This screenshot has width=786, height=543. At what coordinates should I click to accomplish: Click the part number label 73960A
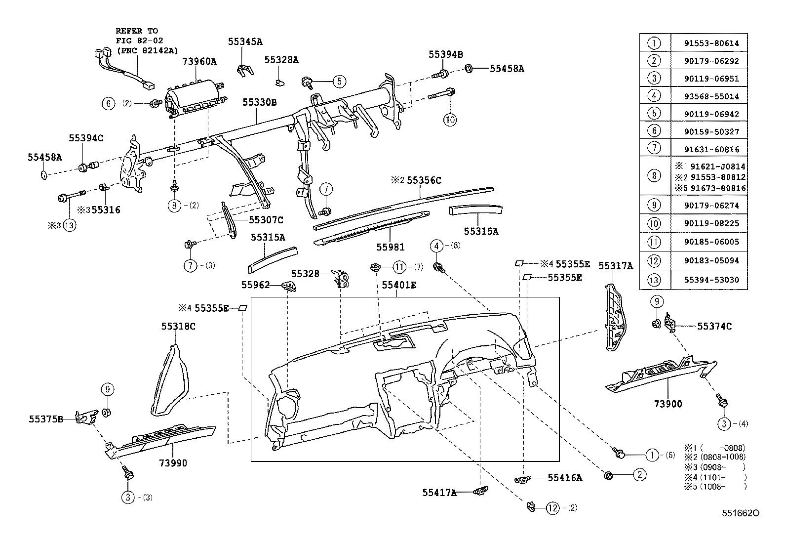(x=199, y=61)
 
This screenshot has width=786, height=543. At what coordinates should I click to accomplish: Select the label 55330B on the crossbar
(x=259, y=103)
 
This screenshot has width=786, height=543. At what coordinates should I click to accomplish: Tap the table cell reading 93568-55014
(x=711, y=96)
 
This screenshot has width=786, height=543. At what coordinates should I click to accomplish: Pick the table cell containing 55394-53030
(x=711, y=280)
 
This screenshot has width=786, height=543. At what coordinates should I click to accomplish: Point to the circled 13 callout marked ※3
(x=70, y=225)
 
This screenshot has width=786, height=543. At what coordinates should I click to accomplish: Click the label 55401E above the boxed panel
(x=399, y=285)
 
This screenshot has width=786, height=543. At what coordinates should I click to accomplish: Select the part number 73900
(x=668, y=404)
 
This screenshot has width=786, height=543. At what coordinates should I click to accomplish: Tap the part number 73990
(x=173, y=463)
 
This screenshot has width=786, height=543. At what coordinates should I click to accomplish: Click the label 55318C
(x=178, y=326)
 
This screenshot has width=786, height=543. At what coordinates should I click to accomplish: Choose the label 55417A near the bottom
(x=439, y=492)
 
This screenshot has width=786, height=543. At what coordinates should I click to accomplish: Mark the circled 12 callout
(x=553, y=507)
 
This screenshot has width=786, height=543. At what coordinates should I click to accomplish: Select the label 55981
(x=390, y=247)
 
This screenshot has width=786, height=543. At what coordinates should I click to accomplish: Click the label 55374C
(x=714, y=326)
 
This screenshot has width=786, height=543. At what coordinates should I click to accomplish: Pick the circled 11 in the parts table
(x=654, y=242)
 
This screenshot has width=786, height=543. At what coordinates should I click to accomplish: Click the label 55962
(x=255, y=285)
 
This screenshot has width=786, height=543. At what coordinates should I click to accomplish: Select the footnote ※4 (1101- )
(x=714, y=477)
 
